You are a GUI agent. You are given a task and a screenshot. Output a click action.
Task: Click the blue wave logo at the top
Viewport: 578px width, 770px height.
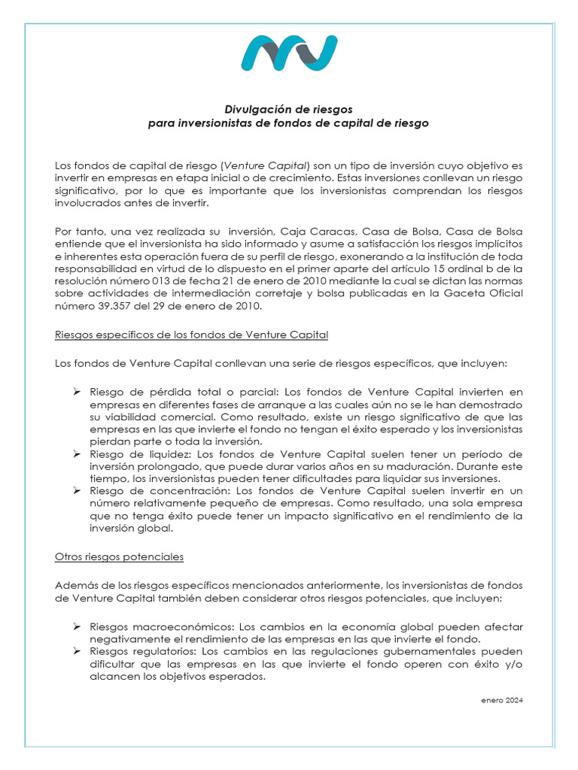[x=288, y=53]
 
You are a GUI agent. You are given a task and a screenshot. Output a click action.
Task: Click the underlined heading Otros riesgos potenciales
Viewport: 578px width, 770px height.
[x=119, y=557]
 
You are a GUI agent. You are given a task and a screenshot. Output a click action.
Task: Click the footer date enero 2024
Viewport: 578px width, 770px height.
[x=502, y=700]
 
